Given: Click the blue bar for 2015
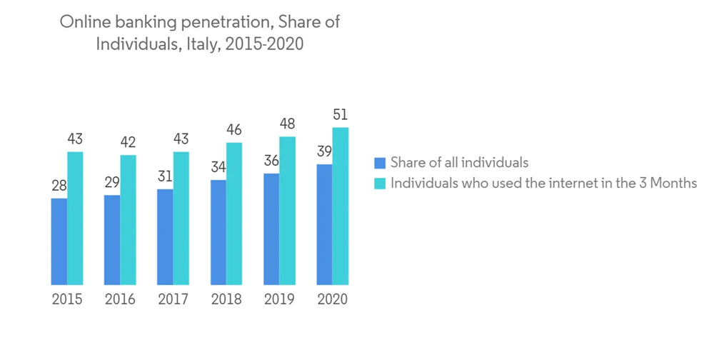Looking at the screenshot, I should [x=59, y=241].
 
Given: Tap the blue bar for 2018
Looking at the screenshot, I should [x=218, y=232].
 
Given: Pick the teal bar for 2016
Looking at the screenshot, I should [x=129, y=220].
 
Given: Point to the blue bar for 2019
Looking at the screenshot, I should [x=271, y=229].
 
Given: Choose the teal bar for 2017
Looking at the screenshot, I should [x=181, y=218].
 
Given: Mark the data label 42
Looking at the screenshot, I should [x=129, y=143].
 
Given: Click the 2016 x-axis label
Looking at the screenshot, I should [x=120, y=299].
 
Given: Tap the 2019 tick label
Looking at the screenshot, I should [x=279, y=299].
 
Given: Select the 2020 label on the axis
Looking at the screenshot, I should [x=332, y=299].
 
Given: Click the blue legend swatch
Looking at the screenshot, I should [x=380, y=163].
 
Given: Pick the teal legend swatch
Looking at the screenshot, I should [x=380, y=184].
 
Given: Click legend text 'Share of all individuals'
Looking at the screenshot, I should [x=460, y=163].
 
